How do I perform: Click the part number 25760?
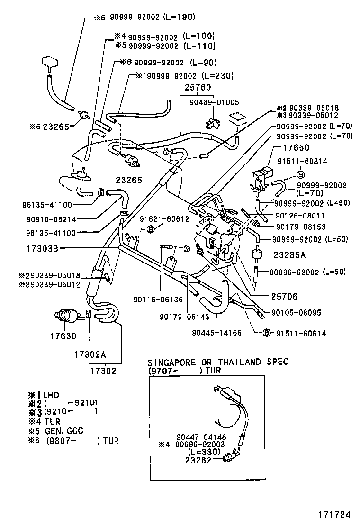195,88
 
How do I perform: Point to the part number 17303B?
42,248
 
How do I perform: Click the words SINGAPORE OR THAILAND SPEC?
218,362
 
